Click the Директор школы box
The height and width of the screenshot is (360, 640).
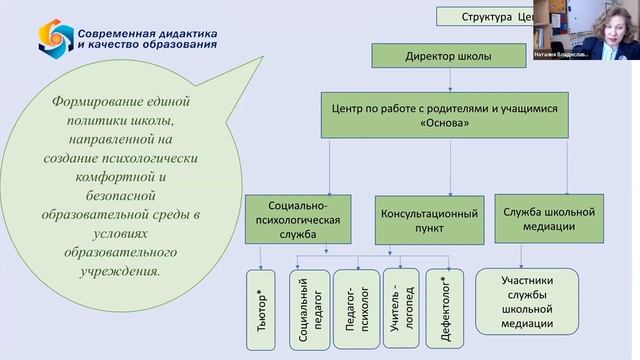[x=448, y=57]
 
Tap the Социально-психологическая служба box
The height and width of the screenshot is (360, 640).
[x=299, y=220]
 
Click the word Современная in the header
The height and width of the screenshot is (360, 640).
[x=116, y=32]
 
